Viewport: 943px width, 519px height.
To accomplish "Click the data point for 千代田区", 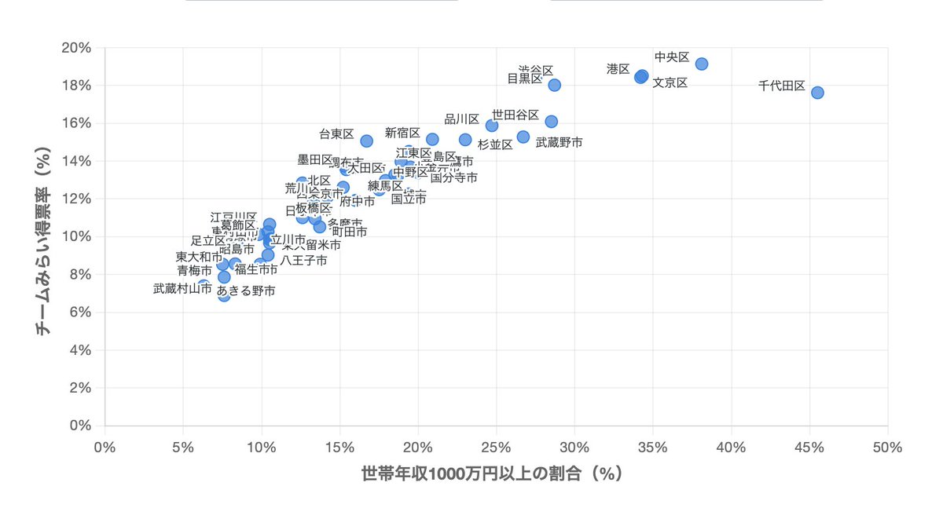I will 817,93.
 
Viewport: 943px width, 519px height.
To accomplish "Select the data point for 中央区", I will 702,64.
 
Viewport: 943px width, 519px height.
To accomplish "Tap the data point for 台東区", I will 366,141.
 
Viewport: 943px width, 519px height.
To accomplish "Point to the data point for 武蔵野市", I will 523,137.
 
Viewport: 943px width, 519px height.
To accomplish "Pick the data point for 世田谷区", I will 551,122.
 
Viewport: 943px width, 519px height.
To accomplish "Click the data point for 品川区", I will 492,126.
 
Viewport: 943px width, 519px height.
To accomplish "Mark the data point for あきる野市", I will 224,295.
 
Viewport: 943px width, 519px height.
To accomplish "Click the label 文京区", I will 670,82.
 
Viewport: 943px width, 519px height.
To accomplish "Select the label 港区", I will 618,69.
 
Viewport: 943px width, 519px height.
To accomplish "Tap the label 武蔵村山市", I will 182,288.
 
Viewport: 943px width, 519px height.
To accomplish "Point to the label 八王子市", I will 303,260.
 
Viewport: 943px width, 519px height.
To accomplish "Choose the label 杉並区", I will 495,144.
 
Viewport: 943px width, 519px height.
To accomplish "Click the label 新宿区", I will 402,133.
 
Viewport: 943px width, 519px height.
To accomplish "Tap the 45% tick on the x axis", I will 809,447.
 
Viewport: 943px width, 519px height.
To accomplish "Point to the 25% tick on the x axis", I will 496,447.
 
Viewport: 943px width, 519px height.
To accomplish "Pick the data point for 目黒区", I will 554,85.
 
